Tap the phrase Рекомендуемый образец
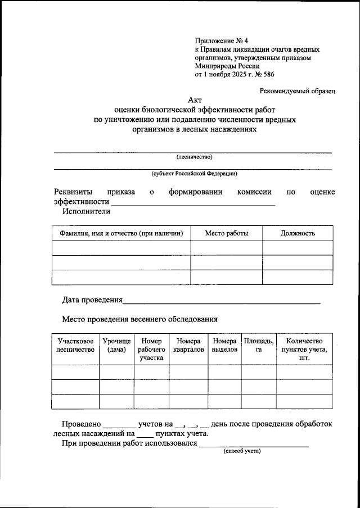pos(297,90)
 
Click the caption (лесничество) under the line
pos(194,157)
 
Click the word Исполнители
pos(87,211)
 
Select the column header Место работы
pos(226,233)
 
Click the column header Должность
pos(298,233)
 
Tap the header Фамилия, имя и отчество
pos(121,233)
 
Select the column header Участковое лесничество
pos(75,345)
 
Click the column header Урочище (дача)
pos(116,345)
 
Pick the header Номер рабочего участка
pos(151,349)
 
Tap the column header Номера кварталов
pos(188,345)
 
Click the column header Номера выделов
pos(224,345)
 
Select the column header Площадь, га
pos(259,345)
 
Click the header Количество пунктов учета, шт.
pos(304,349)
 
